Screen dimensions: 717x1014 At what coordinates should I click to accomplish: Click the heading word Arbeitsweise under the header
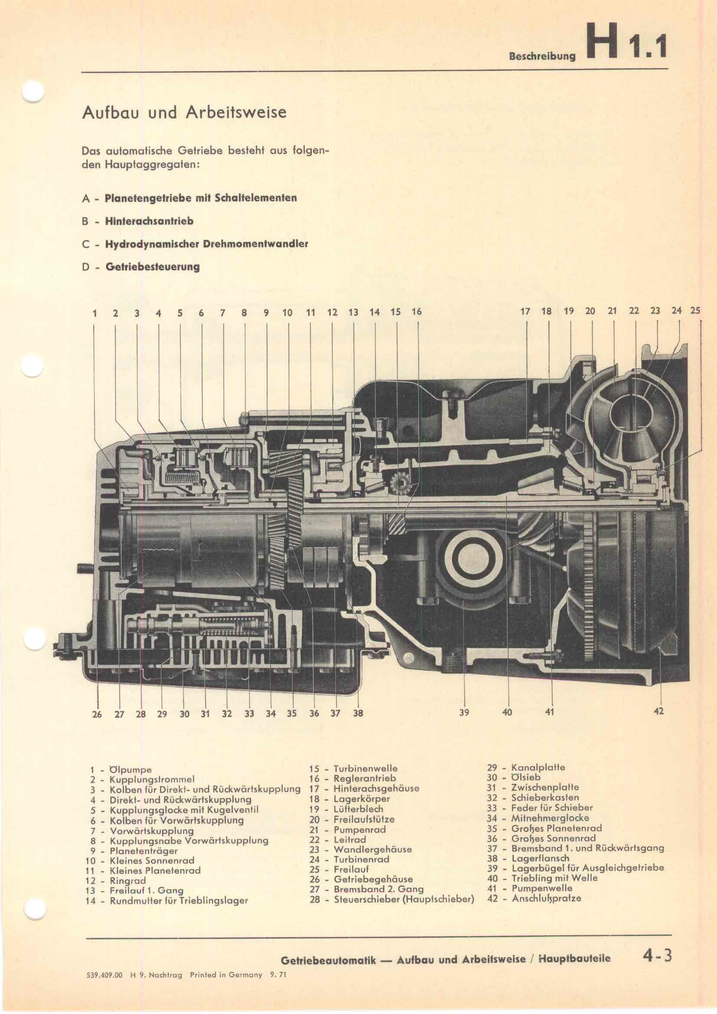pos(236,112)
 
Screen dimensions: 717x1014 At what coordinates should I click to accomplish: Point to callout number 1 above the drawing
pos(95,313)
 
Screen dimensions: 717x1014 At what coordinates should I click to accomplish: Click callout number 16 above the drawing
pos(416,312)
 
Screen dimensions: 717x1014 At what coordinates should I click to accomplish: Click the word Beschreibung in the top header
pos(543,56)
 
